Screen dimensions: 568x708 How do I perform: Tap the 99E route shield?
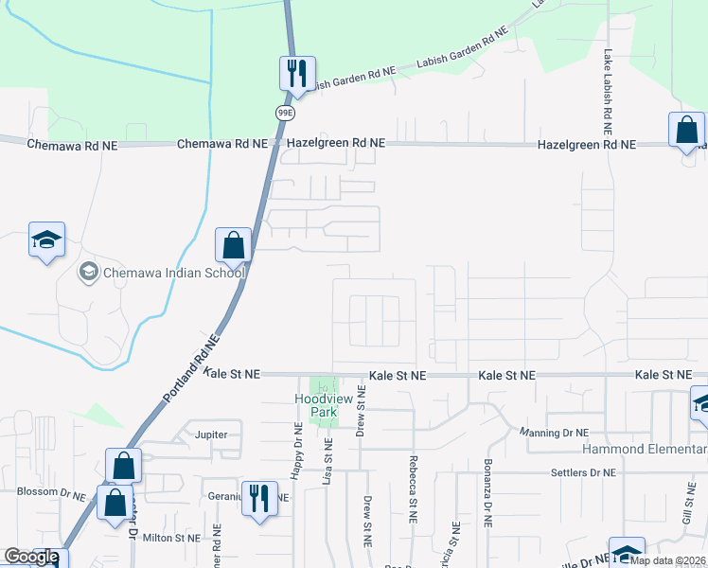pos(285,113)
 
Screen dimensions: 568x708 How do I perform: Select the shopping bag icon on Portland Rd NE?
pos(233,246)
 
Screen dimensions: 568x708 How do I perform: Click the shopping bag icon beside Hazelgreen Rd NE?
pos(686,130)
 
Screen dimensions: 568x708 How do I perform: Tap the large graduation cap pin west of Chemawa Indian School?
pos(45,241)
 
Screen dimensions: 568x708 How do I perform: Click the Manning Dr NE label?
pos(555,433)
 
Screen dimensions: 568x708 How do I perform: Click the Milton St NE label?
pos(171,538)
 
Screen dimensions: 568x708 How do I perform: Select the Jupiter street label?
pos(211,435)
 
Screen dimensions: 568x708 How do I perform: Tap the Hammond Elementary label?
pos(653,449)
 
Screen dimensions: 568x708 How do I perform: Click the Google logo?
pos(30,557)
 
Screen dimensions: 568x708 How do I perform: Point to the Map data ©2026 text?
pos(668,559)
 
